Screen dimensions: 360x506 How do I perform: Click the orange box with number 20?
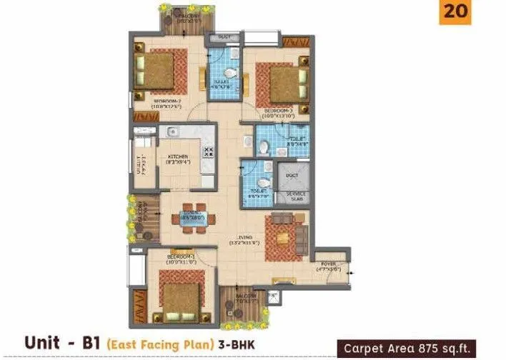pos(455,13)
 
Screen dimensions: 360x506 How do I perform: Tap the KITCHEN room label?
pos(178,156)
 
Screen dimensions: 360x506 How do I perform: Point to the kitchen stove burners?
pos(209,152)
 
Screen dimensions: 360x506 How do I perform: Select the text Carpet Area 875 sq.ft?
pos(422,348)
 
